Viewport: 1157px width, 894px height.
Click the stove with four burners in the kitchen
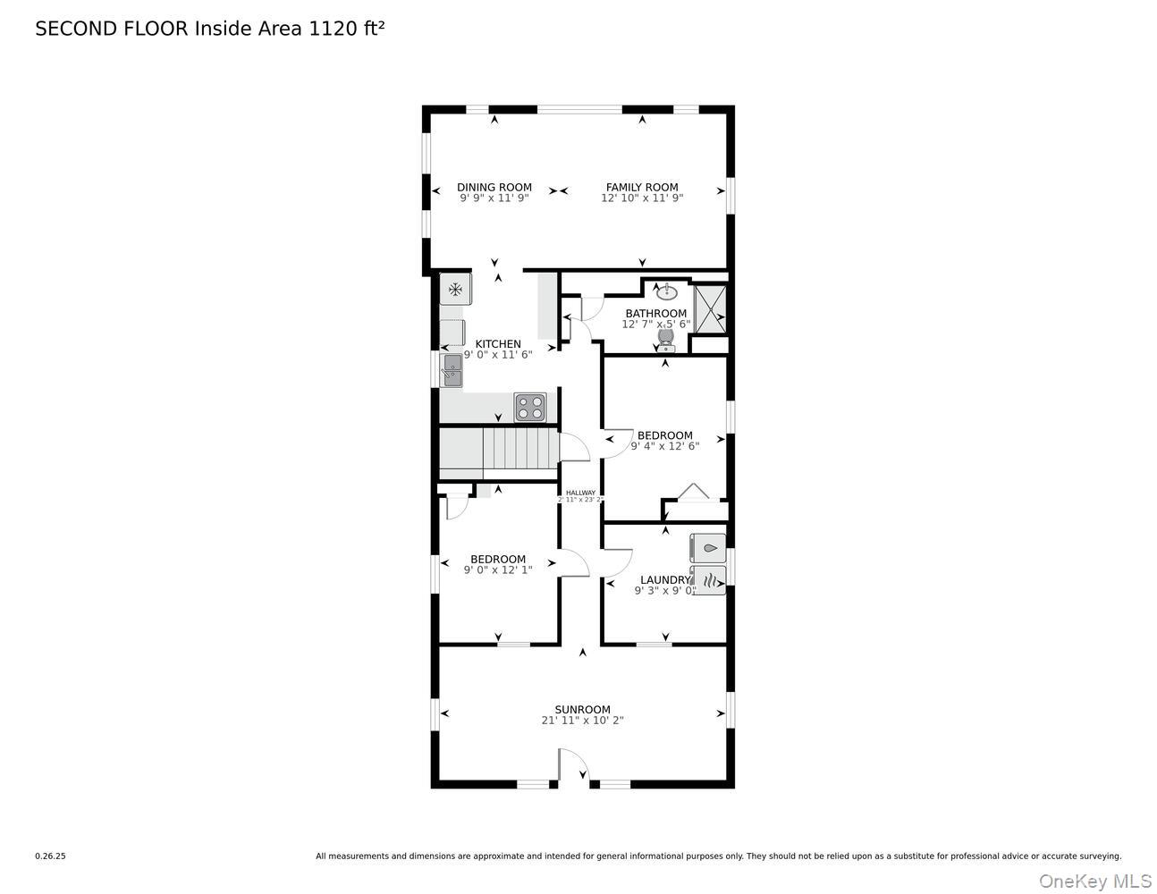529,407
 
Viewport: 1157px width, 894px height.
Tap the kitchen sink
452,370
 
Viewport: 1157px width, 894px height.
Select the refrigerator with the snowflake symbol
455,289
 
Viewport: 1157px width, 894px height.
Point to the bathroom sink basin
667,291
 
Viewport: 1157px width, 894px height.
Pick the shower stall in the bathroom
711,308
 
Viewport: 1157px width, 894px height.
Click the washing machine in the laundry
708,548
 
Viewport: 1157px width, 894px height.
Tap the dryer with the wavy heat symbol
708,580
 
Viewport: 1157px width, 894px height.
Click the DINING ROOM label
494,188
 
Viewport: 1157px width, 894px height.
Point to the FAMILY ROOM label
642,188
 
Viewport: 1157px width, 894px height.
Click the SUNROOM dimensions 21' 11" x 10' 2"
582,721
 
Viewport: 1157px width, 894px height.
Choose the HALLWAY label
580,493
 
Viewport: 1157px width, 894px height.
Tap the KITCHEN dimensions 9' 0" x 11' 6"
498,355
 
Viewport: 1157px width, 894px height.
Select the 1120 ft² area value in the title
347,29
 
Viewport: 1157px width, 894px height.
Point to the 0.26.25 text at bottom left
50,856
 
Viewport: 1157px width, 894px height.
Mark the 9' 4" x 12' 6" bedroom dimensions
665,446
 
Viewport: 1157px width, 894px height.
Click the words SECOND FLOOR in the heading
112,29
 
